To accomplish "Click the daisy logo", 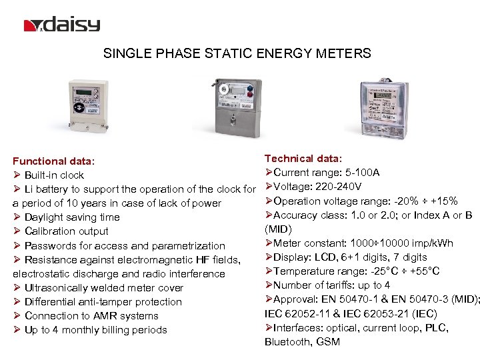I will (61, 25).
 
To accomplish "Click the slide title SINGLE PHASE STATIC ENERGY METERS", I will (237, 53).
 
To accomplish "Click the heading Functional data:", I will (54, 161).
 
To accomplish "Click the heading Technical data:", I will (303, 158).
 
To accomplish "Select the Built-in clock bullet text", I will (54, 175).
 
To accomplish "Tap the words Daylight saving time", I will (72, 217).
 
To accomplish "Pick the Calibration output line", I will (66, 231).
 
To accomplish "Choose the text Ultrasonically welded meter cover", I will (103, 288).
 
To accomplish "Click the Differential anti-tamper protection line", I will (103, 302).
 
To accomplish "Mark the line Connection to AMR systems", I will (91, 316).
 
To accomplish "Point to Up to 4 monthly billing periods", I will (95, 330).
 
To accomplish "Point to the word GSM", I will (327, 342).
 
